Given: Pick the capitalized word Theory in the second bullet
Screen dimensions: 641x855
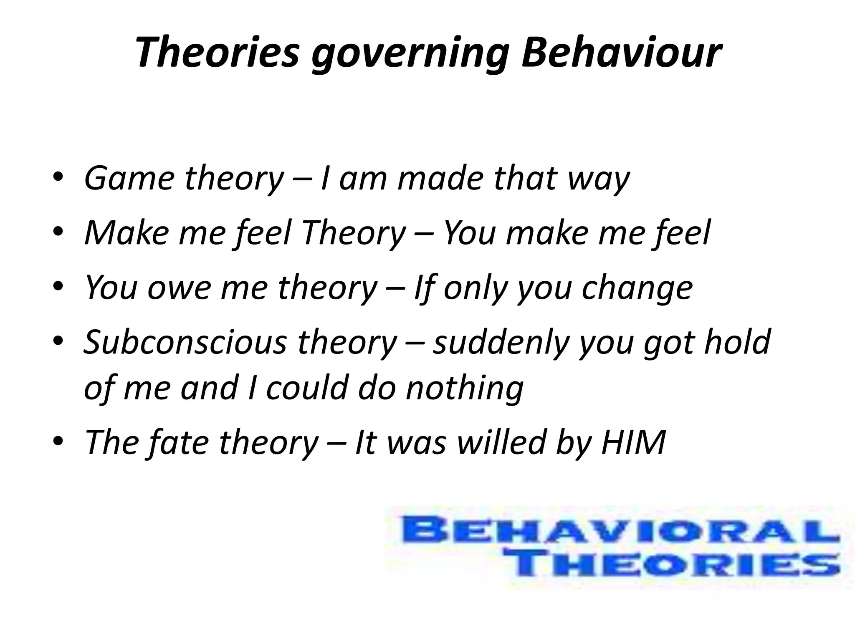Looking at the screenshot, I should click(x=353, y=233).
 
